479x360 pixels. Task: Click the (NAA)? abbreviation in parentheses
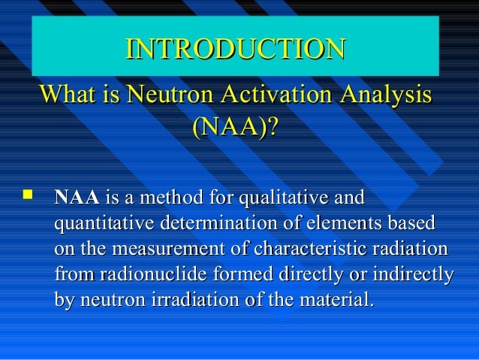[235, 127]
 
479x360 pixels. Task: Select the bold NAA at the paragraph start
[77, 200]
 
